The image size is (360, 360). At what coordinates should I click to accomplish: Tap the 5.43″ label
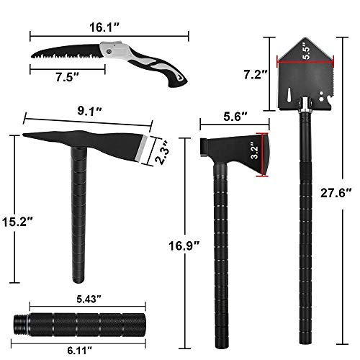pos(86,297)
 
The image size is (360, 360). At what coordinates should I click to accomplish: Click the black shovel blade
pos(306,79)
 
